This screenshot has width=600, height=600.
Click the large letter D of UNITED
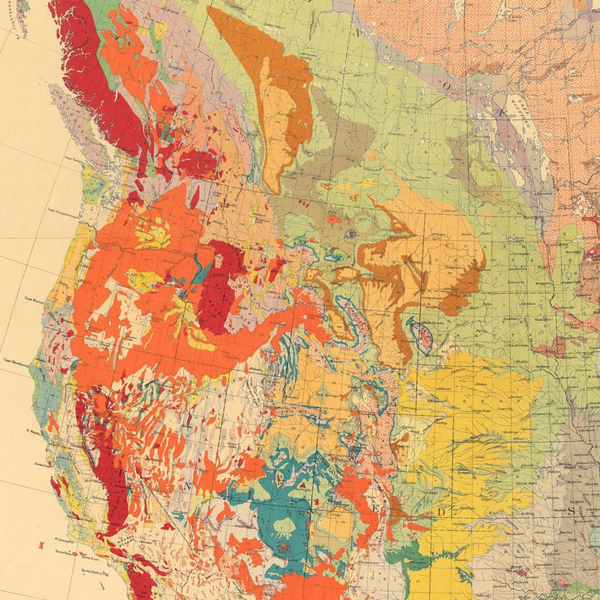pos(442,512)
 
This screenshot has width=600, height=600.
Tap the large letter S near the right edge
pos(570,511)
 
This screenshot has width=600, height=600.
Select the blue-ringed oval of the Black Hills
pos(420,335)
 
